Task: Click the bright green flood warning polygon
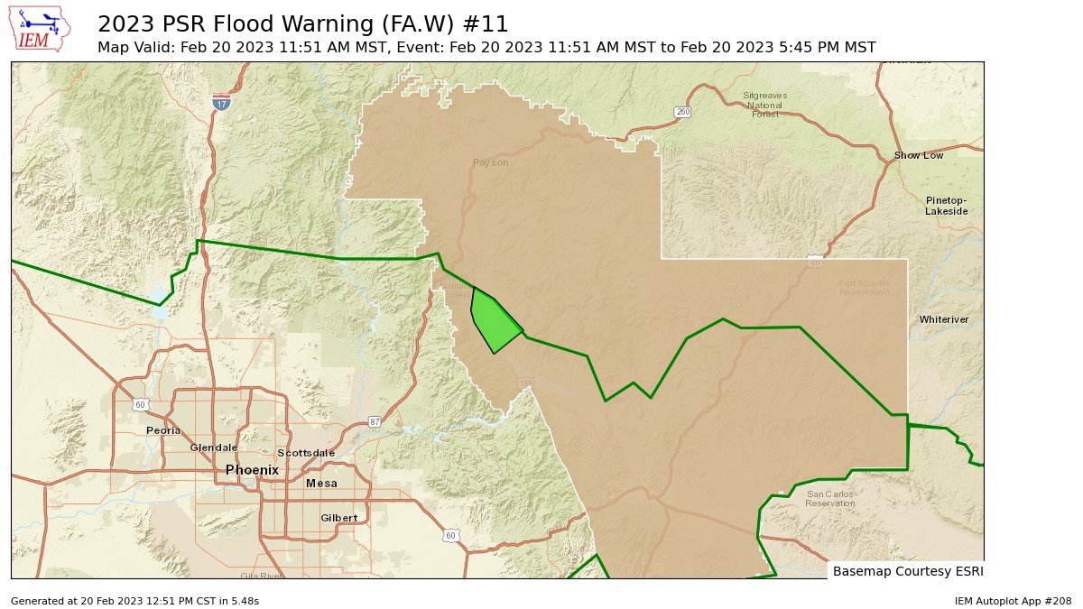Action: click(x=494, y=323)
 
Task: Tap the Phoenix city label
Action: click(x=252, y=470)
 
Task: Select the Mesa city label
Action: click(x=321, y=484)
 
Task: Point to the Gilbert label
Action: click(x=339, y=518)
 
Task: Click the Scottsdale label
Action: click(x=306, y=453)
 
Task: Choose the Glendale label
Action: click(x=214, y=448)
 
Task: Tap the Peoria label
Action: click(x=163, y=430)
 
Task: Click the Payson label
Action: click(x=490, y=162)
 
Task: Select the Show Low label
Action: click(x=919, y=155)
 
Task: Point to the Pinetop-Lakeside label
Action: click(x=946, y=206)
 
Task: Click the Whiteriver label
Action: click(x=944, y=319)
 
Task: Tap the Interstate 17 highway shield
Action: click(x=221, y=103)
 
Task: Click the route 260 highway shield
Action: click(x=682, y=112)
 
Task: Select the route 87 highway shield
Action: click(x=375, y=421)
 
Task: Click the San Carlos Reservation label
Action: click(x=829, y=499)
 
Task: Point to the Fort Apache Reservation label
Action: click(x=864, y=288)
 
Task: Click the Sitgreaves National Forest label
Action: click(x=764, y=105)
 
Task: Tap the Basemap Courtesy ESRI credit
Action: click(x=907, y=571)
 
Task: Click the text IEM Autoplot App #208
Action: click(x=1012, y=601)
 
